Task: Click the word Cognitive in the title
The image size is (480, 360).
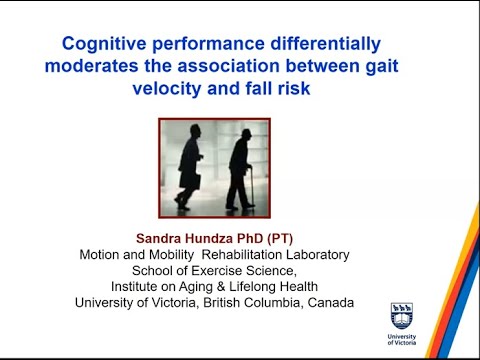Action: tap(104, 45)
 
